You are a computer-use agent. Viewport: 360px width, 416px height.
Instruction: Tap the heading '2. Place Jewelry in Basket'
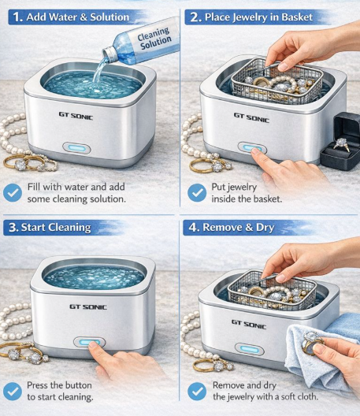point(250,16)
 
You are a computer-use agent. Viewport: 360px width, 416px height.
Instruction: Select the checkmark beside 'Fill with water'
point(13,191)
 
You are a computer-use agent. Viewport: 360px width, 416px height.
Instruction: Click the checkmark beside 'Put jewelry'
point(197,191)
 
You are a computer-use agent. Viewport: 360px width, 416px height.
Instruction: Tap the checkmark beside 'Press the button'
point(13,391)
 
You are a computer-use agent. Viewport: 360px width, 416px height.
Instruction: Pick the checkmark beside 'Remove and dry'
point(197,391)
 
